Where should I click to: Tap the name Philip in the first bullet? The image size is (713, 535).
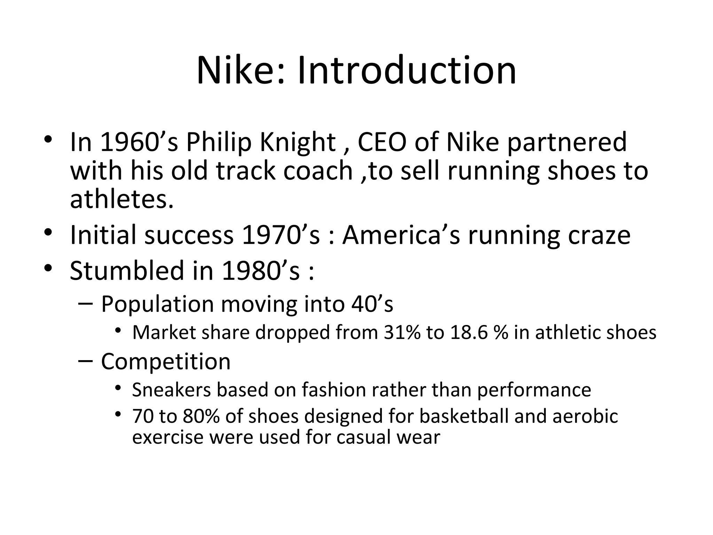tap(218, 142)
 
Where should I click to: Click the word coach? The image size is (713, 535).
tap(318, 171)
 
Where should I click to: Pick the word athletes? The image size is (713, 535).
tap(122, 199)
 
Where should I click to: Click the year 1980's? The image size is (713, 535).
tap(260, 271)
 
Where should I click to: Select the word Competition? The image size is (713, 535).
tap(166, 362)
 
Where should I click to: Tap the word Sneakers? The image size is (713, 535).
tap(171, 390)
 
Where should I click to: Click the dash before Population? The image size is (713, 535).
tap(86, 304)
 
